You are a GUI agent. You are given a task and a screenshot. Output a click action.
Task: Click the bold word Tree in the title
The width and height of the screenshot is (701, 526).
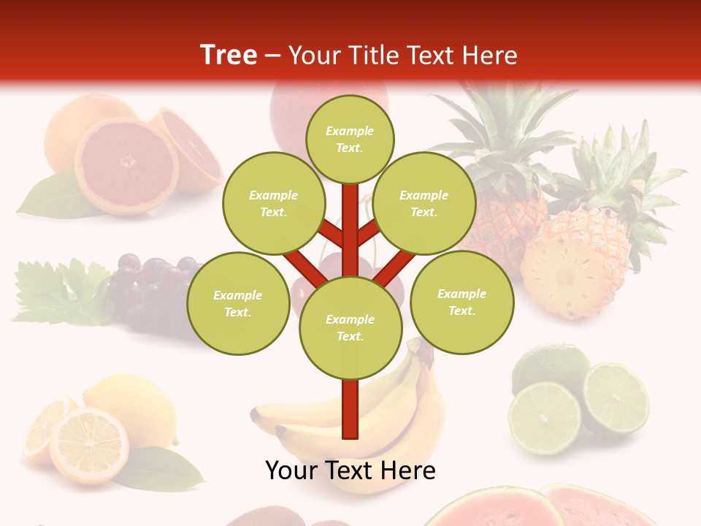(229, 55)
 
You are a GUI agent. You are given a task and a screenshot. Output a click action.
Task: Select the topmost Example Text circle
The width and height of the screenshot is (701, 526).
(350, 139)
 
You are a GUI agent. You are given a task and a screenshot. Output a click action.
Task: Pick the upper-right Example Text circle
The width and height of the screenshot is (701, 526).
(424, 204)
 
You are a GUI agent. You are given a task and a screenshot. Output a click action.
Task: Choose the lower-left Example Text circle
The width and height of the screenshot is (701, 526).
(238, 304)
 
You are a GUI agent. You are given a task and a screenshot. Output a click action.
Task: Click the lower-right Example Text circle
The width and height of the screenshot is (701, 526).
(461, 302)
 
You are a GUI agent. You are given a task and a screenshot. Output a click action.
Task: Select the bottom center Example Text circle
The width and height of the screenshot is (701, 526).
(350, 327)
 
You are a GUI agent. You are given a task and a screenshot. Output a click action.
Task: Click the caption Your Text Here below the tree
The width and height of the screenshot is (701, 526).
(350, 470)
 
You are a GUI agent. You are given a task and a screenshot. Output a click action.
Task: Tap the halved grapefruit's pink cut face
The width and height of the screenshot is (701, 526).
(126, 167)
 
